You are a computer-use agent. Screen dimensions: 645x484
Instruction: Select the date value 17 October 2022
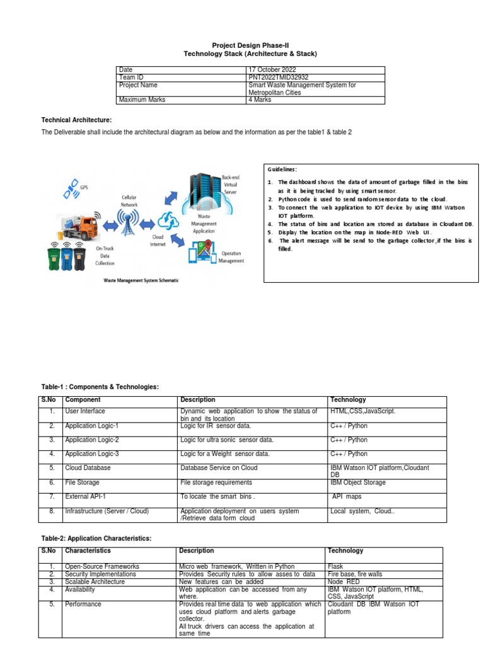tap(272, 69)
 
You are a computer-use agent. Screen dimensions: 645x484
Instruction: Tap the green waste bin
tap(55, 258)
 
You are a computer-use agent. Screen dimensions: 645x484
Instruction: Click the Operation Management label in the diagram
tap(231, 257)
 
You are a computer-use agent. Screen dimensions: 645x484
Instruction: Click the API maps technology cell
tap(347, 497)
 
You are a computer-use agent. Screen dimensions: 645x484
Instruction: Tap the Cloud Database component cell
tap(88, 468)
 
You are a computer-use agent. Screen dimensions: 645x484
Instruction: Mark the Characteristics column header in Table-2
tap(88, 551)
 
